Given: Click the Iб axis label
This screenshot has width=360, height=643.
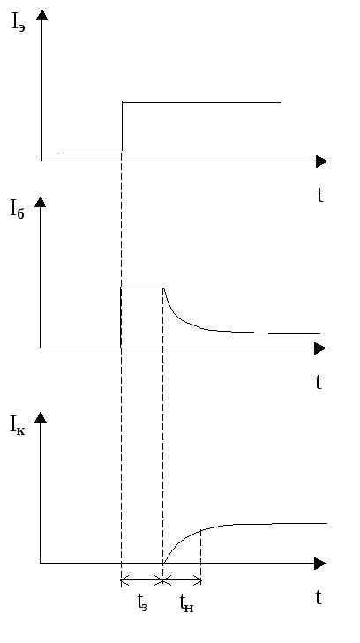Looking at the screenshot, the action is click(x=18, y=210).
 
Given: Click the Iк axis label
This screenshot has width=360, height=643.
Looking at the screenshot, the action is click(x=18, y=426).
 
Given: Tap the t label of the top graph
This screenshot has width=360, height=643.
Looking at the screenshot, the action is click(x=320, y=195).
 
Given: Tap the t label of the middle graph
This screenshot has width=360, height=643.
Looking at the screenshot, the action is click(x=319, y=382).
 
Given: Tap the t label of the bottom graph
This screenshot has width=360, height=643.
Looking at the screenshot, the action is click(x=319, y=598).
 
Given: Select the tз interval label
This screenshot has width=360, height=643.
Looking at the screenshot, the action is click(x=142, y=602).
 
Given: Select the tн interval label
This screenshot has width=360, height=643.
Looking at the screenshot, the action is click(x=186, y=603).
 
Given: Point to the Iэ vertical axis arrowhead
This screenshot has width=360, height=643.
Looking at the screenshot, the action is click(x=41, y=15).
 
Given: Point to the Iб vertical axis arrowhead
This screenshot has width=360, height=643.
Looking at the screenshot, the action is click(x=41, y=202).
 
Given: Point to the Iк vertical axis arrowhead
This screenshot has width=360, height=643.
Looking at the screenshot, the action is click(x=41, y=417).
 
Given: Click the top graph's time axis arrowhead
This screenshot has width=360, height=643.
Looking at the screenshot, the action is click(x=322, y=161).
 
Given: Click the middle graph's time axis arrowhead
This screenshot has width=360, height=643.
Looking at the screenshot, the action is click(x=320, y=348).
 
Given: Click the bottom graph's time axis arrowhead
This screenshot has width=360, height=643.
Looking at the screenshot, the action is click(x=320, y=564).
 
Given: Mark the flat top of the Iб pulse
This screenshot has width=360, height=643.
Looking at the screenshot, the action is click(x=142, y=288).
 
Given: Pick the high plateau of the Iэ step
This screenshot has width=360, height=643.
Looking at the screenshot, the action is click(x=202, y=102).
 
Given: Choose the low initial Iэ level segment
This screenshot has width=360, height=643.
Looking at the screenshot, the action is click(x=90, y=153).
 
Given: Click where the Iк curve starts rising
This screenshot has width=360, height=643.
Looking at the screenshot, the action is click(x=163, y=563).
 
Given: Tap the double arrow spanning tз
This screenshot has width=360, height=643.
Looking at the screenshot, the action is click(x=142, y=580).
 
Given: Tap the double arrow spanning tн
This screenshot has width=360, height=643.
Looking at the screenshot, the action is click(x=182, y=580).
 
